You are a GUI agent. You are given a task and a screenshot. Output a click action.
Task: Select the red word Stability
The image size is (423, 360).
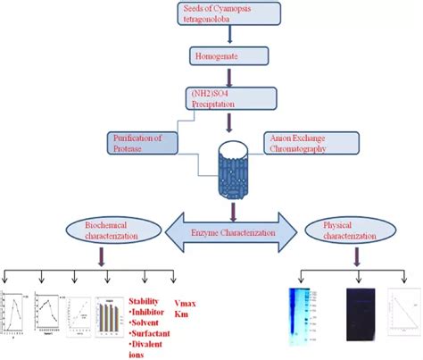pyautogui.click(x=147, y=301)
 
